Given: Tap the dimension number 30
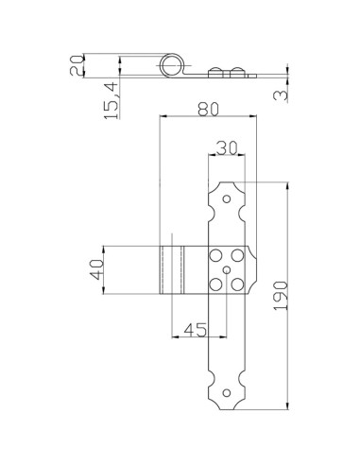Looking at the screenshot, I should [226, 148].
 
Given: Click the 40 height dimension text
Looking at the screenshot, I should [94, 270].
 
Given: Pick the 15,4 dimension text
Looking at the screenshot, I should [111, 101].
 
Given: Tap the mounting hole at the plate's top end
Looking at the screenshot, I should [227, 199].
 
